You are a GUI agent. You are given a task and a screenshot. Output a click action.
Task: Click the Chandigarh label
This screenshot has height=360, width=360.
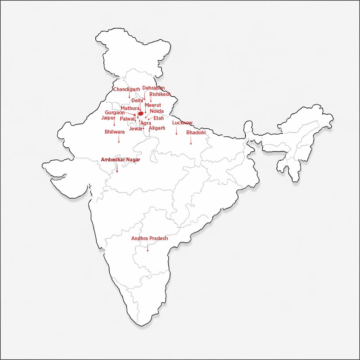(127, 90)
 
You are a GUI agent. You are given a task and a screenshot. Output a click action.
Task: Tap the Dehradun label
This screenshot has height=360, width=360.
(153, 88)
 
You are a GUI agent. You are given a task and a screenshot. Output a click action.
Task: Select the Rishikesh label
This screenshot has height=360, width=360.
(160, 94)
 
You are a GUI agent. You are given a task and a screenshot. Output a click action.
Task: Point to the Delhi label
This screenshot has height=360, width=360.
(137, 101)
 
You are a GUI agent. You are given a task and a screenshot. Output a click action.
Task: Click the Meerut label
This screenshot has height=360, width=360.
(153, 105)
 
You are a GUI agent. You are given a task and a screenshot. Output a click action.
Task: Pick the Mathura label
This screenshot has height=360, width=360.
(130, 108)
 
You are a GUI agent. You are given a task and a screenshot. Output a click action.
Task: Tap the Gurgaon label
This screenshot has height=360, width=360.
(115, 113)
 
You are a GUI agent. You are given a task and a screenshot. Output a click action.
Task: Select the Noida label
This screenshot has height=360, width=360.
(156, 111)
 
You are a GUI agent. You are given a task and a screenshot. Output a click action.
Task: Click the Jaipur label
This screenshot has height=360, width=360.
(108, 118)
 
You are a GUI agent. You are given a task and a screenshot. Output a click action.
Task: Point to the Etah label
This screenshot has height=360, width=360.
(159, 118)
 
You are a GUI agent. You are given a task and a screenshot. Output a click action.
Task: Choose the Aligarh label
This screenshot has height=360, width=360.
(157, 128)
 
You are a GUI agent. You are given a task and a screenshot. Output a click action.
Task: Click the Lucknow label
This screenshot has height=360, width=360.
(182, 123)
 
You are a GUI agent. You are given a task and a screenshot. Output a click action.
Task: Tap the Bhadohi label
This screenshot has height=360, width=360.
(196, 133)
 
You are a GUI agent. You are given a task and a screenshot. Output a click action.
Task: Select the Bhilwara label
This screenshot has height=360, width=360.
(115, 132)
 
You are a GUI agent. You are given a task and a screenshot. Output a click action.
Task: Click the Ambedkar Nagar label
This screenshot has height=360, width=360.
(120, 160)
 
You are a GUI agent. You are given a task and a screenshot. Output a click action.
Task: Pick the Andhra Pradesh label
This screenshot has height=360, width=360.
(149, 238)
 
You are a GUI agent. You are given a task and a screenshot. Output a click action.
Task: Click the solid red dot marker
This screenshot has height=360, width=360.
(141, 114)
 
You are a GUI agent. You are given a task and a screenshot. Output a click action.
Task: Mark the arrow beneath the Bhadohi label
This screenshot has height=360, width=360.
(191, 140)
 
